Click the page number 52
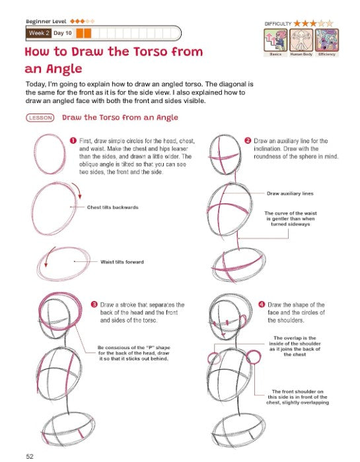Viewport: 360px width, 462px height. (30, 455)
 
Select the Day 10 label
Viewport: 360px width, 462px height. (63, 33)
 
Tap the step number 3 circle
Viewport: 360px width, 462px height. (94, 304)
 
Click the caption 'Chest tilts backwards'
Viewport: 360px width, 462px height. (112, 207)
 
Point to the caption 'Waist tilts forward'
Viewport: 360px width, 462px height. (122, 261)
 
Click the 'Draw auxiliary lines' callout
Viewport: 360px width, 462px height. (290, 193)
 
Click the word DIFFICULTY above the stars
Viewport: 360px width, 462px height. (278, 23)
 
